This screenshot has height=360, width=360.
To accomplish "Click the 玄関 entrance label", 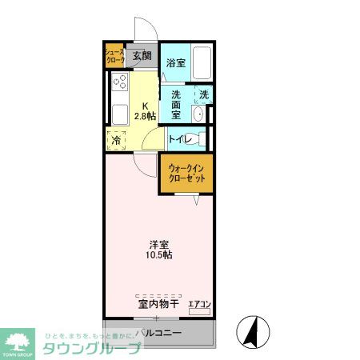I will pyautogui.click(x=142, y=56).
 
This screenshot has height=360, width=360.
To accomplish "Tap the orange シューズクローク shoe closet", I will pyautogui.click(x=114, y=56).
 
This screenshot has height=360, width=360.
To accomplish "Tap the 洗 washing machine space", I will pyautogui.click(x=203, y=94).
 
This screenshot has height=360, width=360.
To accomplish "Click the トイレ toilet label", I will pyautogui.click(x=179, y=138).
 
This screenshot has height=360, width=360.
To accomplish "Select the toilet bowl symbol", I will pyautogui.click(x=201, y=138).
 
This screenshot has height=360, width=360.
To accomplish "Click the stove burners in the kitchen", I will pyautogui.click(x=121, y=82).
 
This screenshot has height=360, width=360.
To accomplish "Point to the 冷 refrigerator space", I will pyautogui.click(x=116, y=138).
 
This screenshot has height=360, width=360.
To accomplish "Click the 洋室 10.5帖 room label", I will pyautogui.click(x=159, y=249).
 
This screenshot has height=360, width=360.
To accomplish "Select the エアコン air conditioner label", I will pyautogui.click(x=198, y=304).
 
